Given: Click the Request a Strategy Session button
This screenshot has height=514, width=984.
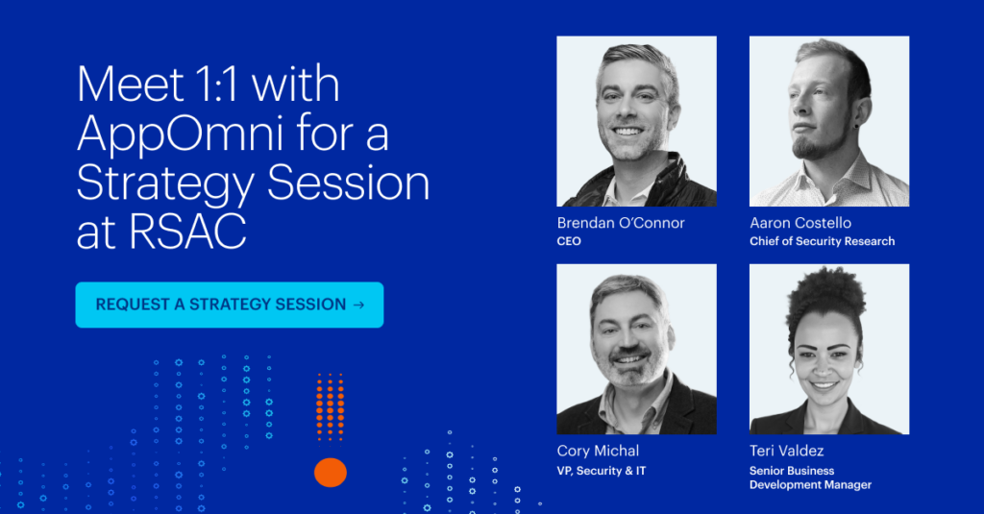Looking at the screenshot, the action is pos(230,305).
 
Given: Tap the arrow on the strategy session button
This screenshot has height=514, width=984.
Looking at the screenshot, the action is pos(359,305).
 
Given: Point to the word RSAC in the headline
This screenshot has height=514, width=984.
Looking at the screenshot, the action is pos(187,232).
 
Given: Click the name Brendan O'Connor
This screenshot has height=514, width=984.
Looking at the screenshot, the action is pos(621,223).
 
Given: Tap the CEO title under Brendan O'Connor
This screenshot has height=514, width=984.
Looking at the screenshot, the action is pos(569,241).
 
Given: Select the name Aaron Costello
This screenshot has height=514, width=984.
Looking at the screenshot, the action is pos(800,223).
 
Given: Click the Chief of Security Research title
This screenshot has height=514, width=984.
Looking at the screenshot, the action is pos(823,241).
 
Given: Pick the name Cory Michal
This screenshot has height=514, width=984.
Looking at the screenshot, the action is pos(598,451).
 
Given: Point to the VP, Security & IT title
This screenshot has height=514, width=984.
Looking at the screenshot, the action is pos(602,471).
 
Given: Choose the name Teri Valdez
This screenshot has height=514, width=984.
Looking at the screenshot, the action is pos(786,451).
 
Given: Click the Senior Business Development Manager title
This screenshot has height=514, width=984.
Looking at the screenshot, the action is pos(810,477).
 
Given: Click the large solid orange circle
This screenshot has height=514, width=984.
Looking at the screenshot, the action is pos(331,473).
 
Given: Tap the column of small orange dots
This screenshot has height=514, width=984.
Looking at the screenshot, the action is pos(331,406).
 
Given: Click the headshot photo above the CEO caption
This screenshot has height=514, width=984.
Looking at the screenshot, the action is pos(636,121).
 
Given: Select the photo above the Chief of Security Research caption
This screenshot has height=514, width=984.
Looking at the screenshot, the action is pos(829,121).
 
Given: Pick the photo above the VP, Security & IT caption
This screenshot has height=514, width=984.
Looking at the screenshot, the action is pos(636,349).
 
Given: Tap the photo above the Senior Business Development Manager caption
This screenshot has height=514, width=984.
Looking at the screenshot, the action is pos(829,349).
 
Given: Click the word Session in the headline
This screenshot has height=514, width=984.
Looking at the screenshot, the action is pos(348,184).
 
